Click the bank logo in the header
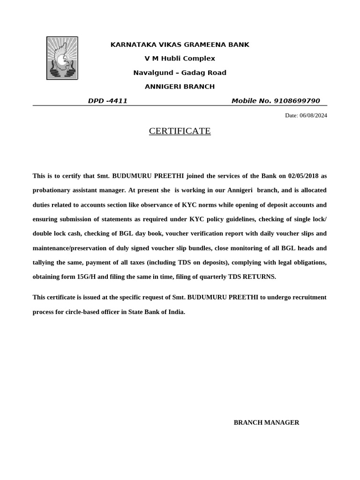pos(62,58)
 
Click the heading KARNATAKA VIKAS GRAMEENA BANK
pos(180,45)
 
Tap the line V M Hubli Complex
pos(180,59)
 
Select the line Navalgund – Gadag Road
pos(180,73)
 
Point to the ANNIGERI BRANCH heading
pos(180,87)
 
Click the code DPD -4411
pos(108,101)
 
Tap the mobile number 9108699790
pos(297,101)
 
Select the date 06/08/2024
pos(313,115)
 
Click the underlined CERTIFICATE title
pos(180,131)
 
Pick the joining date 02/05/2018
pos(304,176)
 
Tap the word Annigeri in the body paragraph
pos(240,190)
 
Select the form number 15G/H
pos(86,277)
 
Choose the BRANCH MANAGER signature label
pos(266,422)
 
